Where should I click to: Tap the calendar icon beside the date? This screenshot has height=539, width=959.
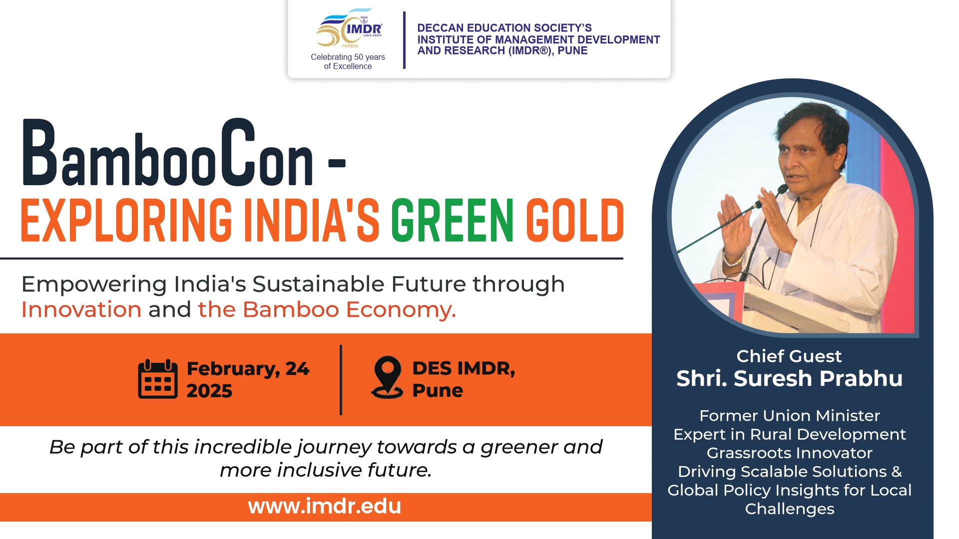[158, 379]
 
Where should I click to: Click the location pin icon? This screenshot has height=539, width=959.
[387, 377]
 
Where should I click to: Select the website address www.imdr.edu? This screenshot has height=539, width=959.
[325, 506]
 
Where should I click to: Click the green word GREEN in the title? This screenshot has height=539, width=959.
[453, 220]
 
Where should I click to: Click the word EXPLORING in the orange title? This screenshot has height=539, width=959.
[126, 220]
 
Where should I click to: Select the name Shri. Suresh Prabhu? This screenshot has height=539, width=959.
[790, 378]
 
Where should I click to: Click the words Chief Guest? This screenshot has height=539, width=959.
[789, 356]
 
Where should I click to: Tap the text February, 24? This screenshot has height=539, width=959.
[248, 369]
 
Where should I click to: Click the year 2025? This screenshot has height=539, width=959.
[209, 391]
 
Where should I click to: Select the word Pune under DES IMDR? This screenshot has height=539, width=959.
[438, 391]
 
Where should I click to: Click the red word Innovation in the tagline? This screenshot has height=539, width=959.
[81, 309]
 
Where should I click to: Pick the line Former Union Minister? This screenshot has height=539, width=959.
[790, 415]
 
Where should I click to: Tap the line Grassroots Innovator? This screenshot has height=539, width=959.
[790, 453]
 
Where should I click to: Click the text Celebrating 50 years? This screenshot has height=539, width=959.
[348, 57]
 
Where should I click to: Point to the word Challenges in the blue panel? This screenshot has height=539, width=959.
[790, 509]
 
